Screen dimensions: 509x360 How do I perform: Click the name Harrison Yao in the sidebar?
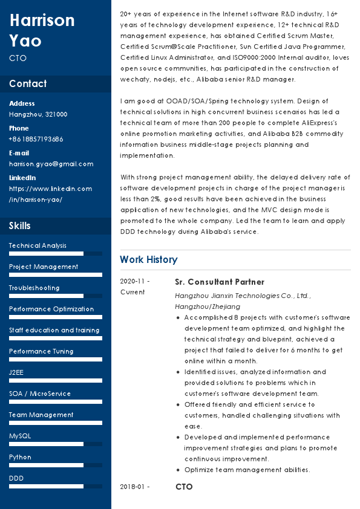pyautogui.click(x=42, y=30)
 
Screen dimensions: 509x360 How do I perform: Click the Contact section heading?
pyautogui.click(x=28, y=83)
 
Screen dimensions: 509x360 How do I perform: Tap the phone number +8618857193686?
pyautogui.click(x=36, y=139)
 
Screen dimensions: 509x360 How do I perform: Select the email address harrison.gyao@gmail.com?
pyautogui.click(x=51, y=164)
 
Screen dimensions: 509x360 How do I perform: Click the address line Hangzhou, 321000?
pyautogui.click(x=38, y=114)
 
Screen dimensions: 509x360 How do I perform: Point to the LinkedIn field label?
pyautogui.click(x=22, y=178)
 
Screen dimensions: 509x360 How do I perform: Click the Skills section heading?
pyautogui.click(x=20, y=226)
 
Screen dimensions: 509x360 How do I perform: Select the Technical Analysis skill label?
pyautogui.click(x=38, y=245)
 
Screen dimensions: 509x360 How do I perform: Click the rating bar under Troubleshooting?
pyautogui.click(x=56, y=296)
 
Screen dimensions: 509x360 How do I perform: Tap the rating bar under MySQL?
pyautogui.click(x=56, y=444)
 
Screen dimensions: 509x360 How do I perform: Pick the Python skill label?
pyautogui.click(x=20, y=457)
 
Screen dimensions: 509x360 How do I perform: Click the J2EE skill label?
pyautogui.click(x=16, y=372)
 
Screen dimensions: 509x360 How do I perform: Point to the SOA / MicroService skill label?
pyautogui.click(x=40, y=394)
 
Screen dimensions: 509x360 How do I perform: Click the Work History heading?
pyautogui.click(x=148, y=260)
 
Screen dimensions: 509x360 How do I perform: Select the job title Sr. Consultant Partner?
pyautogui.click(x=220, y=282)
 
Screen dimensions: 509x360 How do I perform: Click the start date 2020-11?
pyautogui.click(x=134, y=282)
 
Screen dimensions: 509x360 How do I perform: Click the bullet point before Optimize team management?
pyautogui.click(x=177, y=470)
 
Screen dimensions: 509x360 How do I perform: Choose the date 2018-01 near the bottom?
pyautogui.click(x=134, y=487)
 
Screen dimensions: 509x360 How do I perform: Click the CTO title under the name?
pyautogui.click(x=18, y=59)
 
